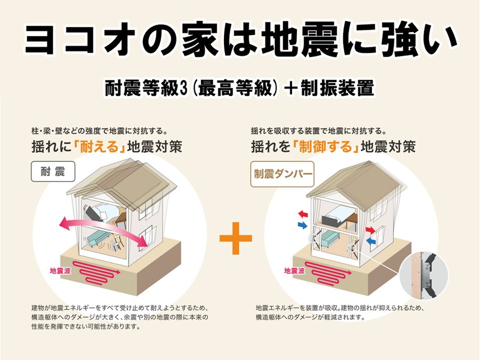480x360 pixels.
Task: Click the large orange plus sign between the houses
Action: (235, 238)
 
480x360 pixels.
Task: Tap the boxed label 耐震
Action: (53, 171)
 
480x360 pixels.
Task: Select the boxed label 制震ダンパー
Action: (282, 174)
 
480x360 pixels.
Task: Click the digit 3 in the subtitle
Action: (184, 89)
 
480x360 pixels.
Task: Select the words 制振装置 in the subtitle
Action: (337, 89)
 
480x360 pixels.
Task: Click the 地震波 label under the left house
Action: (60, 271)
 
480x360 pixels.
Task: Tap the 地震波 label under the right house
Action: (294, 271)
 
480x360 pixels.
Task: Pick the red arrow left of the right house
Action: (303, 213)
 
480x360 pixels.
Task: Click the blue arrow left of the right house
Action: (302, 225)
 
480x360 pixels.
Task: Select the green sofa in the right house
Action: (331, 239)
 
